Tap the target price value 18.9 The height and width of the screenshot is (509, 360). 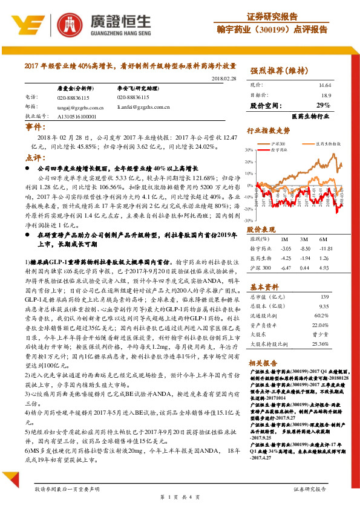[x=326, y=96]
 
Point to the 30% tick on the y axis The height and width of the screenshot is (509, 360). [x=249, y=149]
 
